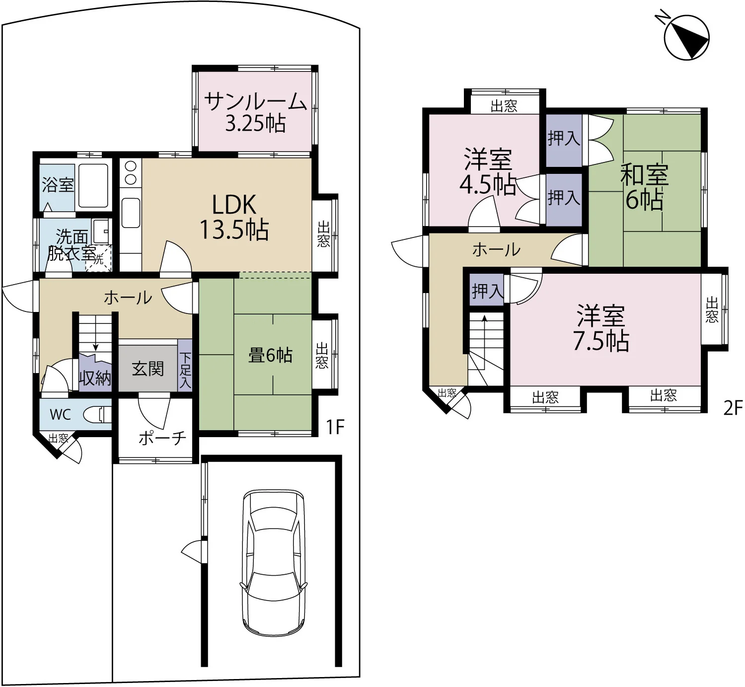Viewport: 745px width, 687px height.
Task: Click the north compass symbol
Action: click(686, 37)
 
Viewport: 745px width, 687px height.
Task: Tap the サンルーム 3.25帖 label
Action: click(256, 112)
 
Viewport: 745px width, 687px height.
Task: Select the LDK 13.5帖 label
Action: click(234, 217)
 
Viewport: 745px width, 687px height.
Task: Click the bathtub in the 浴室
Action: click(93, 186)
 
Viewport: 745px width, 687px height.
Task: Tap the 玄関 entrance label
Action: click(148, 369)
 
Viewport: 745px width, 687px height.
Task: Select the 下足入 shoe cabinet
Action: click(185, 365)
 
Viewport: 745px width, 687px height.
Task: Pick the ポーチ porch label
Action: click(162, 438)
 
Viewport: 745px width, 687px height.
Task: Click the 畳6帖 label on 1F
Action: click(270, 355)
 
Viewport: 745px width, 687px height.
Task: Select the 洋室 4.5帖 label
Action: click(488, 171)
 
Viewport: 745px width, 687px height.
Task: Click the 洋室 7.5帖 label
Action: click(601, 328)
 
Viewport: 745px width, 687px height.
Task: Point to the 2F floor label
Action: click(733, 408)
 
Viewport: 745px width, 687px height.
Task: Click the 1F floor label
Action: click(335, 427)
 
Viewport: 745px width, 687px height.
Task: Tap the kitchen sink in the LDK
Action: click(131, 213)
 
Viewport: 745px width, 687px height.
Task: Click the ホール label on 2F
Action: click(496, 249)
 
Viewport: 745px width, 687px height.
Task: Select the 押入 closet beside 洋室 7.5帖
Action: click(487, 290)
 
